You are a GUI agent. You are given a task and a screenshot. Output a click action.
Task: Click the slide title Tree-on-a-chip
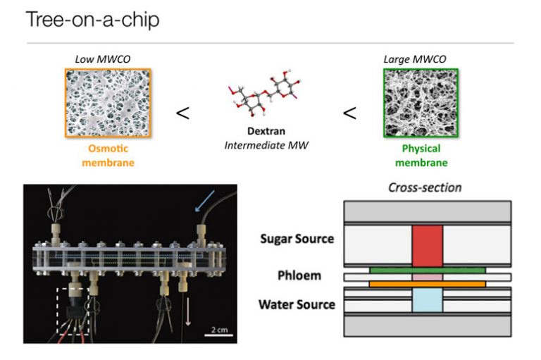tap(92, 19)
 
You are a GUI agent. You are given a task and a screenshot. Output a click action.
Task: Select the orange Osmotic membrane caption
tap(111, 156)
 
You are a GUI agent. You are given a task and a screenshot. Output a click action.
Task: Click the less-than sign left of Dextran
tap(182, 113)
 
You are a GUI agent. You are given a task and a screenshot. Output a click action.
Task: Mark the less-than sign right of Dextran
tap(349, 113)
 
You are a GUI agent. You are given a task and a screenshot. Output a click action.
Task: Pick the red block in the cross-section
tap(428, 245)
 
